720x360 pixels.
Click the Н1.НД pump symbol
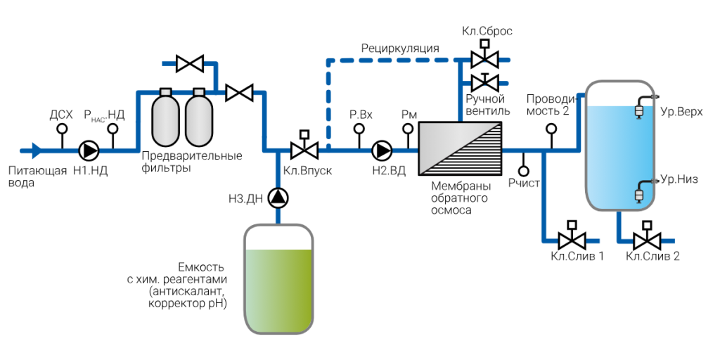89,150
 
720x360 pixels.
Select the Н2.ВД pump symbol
382,150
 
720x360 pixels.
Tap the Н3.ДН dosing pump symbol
278,198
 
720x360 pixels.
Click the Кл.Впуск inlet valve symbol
304,146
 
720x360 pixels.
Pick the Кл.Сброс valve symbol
484,56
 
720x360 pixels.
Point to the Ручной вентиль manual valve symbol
484,82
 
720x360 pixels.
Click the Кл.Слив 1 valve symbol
572,236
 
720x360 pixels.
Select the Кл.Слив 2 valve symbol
647,236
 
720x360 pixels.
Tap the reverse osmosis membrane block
459,148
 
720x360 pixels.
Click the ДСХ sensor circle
61,129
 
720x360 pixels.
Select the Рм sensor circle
408,129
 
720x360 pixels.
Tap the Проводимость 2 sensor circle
550,129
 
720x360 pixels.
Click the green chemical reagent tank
278,278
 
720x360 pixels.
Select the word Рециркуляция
400,49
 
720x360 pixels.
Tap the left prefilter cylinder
166,117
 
